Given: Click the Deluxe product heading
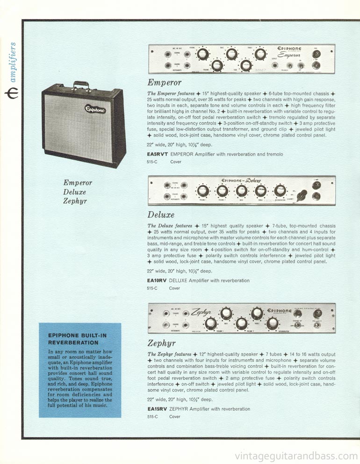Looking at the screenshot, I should click(x=161, y=214).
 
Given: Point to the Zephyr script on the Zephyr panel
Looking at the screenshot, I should click(x=202, y=313).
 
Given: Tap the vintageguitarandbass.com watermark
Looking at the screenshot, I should click(x=296, y=456).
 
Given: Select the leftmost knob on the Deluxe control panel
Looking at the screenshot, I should click(x=202, y=191).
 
